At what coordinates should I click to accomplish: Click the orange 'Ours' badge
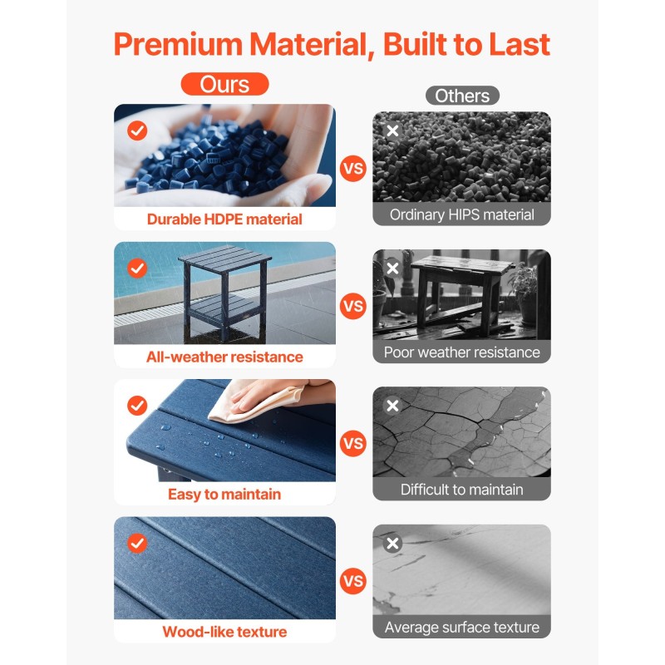pyautogui.click(x=224, y=84)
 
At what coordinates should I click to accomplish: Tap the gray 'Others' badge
pyautogui.click(x=462, y=96)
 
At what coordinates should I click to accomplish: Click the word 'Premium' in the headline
pyautogui.click(x=178, y=44)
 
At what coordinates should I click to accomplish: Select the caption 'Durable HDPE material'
pyautogui.click(x=224, y=219)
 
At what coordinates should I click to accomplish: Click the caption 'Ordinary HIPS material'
pyautogui.click(x=462, y=214)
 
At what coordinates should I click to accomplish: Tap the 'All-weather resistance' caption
pyautogui.click(x=224, y=357)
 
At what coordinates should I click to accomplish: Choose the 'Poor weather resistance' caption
pyautogui.click(x=462, y=352)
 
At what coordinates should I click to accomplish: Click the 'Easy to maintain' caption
pyautogui.click(x=224, y=494)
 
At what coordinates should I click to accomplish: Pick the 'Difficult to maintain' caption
pyautogui.click(x=462, y=490)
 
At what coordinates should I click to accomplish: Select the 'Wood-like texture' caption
pyautogui.click(x=224, y=632)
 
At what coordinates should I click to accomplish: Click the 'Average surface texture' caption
pyautogui.click(x=462, y=628)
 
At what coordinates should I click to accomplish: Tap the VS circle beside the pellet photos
pyautogui.click(x=352, y=169)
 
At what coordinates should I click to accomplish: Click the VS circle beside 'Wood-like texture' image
pyautogui.click(x=352, y=581)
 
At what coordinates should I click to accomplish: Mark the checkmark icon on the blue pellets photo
pyautogui.click(x=137, y=131)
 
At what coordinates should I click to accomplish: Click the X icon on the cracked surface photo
pyautogui.click(x=392, y=406)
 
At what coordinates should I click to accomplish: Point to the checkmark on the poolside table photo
pyautogui.click(x=137, y=268)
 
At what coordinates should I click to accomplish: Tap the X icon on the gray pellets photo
pyautogui.click(x=392, y=131)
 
